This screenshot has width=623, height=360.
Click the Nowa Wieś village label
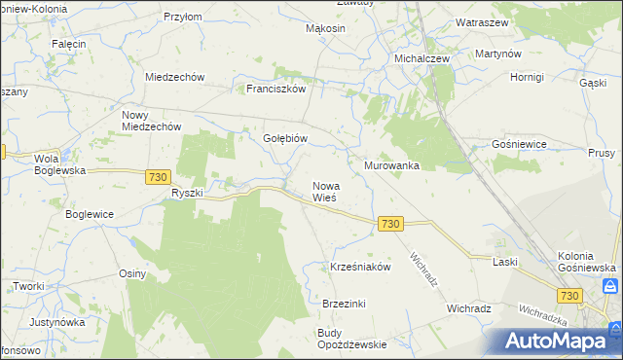[324, 191]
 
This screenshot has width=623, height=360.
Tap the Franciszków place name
[276, 89]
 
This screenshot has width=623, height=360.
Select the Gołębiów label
[285, 139]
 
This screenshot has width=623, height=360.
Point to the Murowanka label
[391, 166]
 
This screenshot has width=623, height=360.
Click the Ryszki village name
[187, 193]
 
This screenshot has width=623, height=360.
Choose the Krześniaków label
[360, 267]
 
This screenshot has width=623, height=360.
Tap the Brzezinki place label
[344, 304]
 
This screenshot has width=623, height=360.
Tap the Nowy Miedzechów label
[151, 120]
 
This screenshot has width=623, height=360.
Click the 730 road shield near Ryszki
[160, 177]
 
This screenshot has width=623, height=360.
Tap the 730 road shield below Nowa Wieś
[390, 224]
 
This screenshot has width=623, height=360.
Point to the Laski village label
[504, 262]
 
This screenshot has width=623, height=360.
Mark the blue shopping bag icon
[610, 286]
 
